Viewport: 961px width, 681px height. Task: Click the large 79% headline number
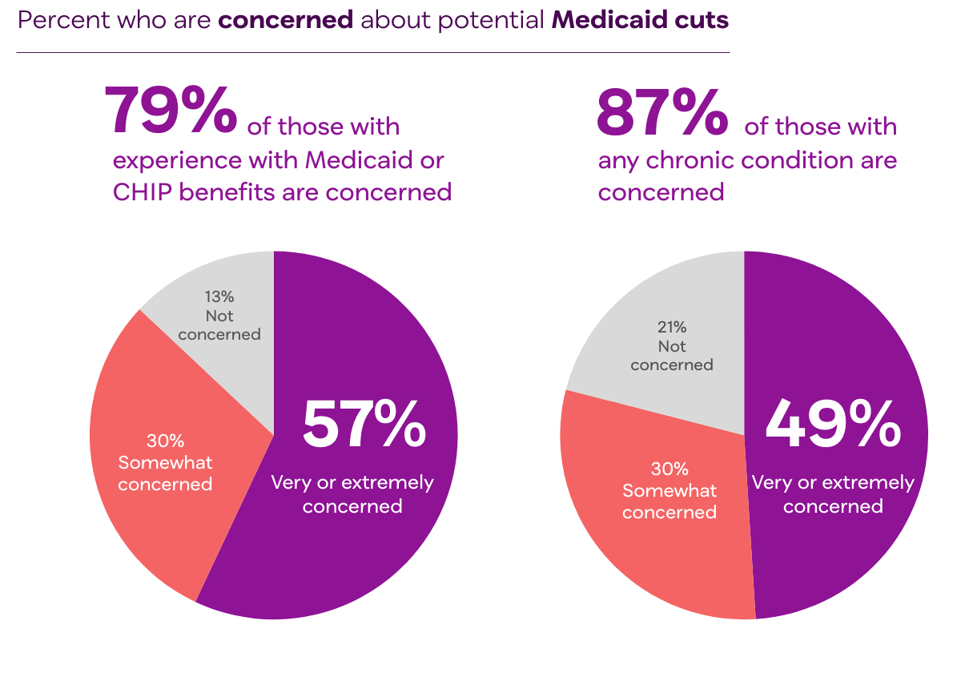171,110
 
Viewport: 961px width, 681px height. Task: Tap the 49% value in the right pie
833,425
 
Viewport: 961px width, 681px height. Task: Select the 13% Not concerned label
219,316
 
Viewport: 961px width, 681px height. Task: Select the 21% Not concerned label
672,346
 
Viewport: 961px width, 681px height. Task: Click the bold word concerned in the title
285,20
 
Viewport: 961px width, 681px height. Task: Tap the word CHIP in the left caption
140,192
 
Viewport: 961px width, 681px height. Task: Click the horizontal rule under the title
372,53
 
